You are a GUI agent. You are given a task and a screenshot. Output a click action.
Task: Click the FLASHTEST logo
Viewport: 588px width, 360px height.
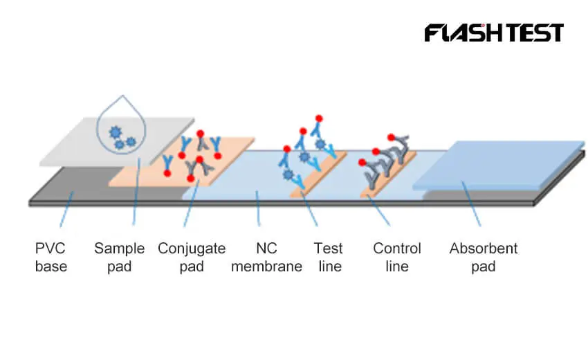[x=494, y=33]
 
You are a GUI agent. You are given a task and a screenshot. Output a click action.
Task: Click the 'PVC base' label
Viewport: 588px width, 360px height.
[x=51, y=257]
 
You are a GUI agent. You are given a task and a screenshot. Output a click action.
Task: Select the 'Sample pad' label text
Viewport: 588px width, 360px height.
[x=119, y=257]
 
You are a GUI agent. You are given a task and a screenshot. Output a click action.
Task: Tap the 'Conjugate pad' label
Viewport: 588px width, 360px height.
[x=192, y=257]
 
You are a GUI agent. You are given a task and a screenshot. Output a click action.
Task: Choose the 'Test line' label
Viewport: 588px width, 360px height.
[x=329, y=257]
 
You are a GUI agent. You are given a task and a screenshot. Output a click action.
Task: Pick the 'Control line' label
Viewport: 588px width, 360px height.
[x=397, y=257]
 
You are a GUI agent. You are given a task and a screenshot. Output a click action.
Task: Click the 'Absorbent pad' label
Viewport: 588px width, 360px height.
[x=483, y=257]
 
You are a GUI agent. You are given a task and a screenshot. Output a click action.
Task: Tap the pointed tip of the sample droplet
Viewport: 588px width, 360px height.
[x=122, y=96]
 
